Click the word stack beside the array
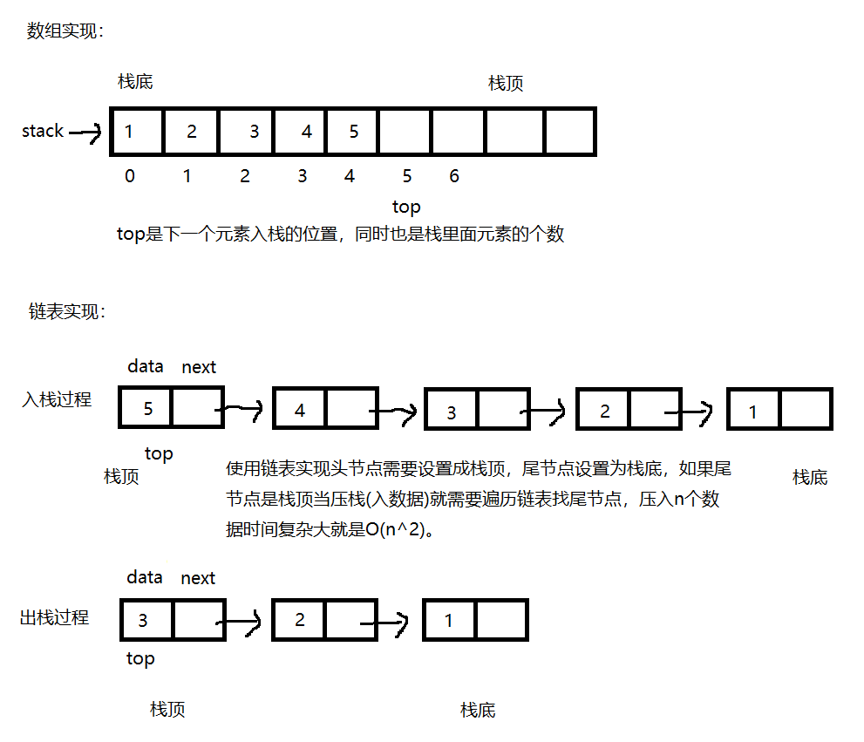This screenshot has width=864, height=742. (43, 131)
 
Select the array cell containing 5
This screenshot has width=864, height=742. (353, 132)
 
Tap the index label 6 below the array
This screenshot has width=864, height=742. (454, 176)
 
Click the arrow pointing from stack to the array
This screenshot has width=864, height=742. (85, 133)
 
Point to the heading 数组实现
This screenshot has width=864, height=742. (65, 31)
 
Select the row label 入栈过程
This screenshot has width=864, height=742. (57, 401)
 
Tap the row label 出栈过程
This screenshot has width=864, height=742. (54, 617)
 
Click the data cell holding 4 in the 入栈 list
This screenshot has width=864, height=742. (300, 410)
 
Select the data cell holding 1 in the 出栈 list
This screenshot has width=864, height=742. (449, 621)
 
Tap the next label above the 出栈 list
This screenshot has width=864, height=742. (198, 578)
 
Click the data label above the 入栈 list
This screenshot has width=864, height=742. (146, 366)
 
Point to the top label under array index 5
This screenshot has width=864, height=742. (406, 207)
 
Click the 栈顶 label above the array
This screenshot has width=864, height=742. (506, 84)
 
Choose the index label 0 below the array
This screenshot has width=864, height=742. (130, 176)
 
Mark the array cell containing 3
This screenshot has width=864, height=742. (254, 132)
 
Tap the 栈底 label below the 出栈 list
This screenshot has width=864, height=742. (478, 710)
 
